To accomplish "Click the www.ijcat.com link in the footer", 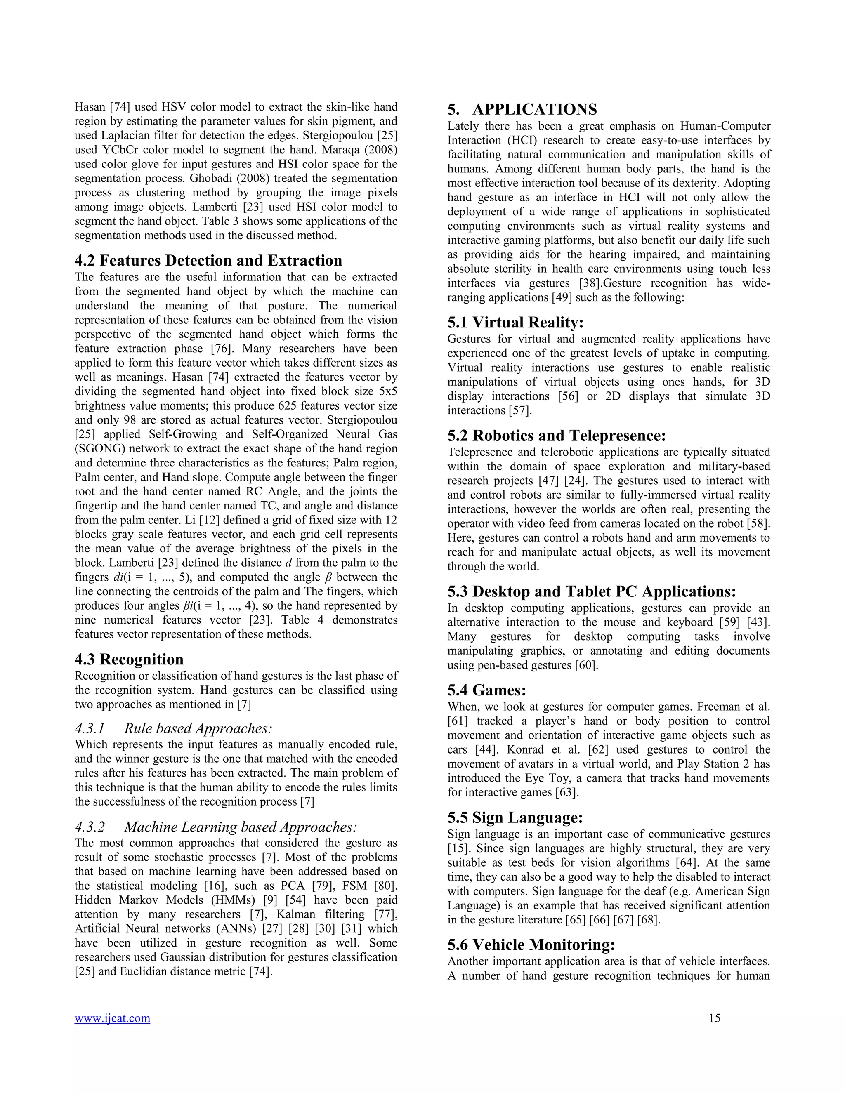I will tap(112, 1018).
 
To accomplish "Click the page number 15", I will tap(714, 1018).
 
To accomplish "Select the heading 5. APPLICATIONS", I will tap(522, 109).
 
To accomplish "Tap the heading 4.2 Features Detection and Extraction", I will tap(208, 260).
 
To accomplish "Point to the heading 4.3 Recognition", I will tap(129, 659).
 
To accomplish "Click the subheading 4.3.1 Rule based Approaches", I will tap(173, 728).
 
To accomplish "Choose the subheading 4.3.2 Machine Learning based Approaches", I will tap(216, 827).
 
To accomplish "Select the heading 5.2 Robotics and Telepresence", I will tap(556, 436).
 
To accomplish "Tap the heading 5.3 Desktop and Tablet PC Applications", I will tap(591, 591).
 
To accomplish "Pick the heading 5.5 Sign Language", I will tap(515, 818).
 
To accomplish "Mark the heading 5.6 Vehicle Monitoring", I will tap(531, 945).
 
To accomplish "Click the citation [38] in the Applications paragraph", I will tap(590, 283).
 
